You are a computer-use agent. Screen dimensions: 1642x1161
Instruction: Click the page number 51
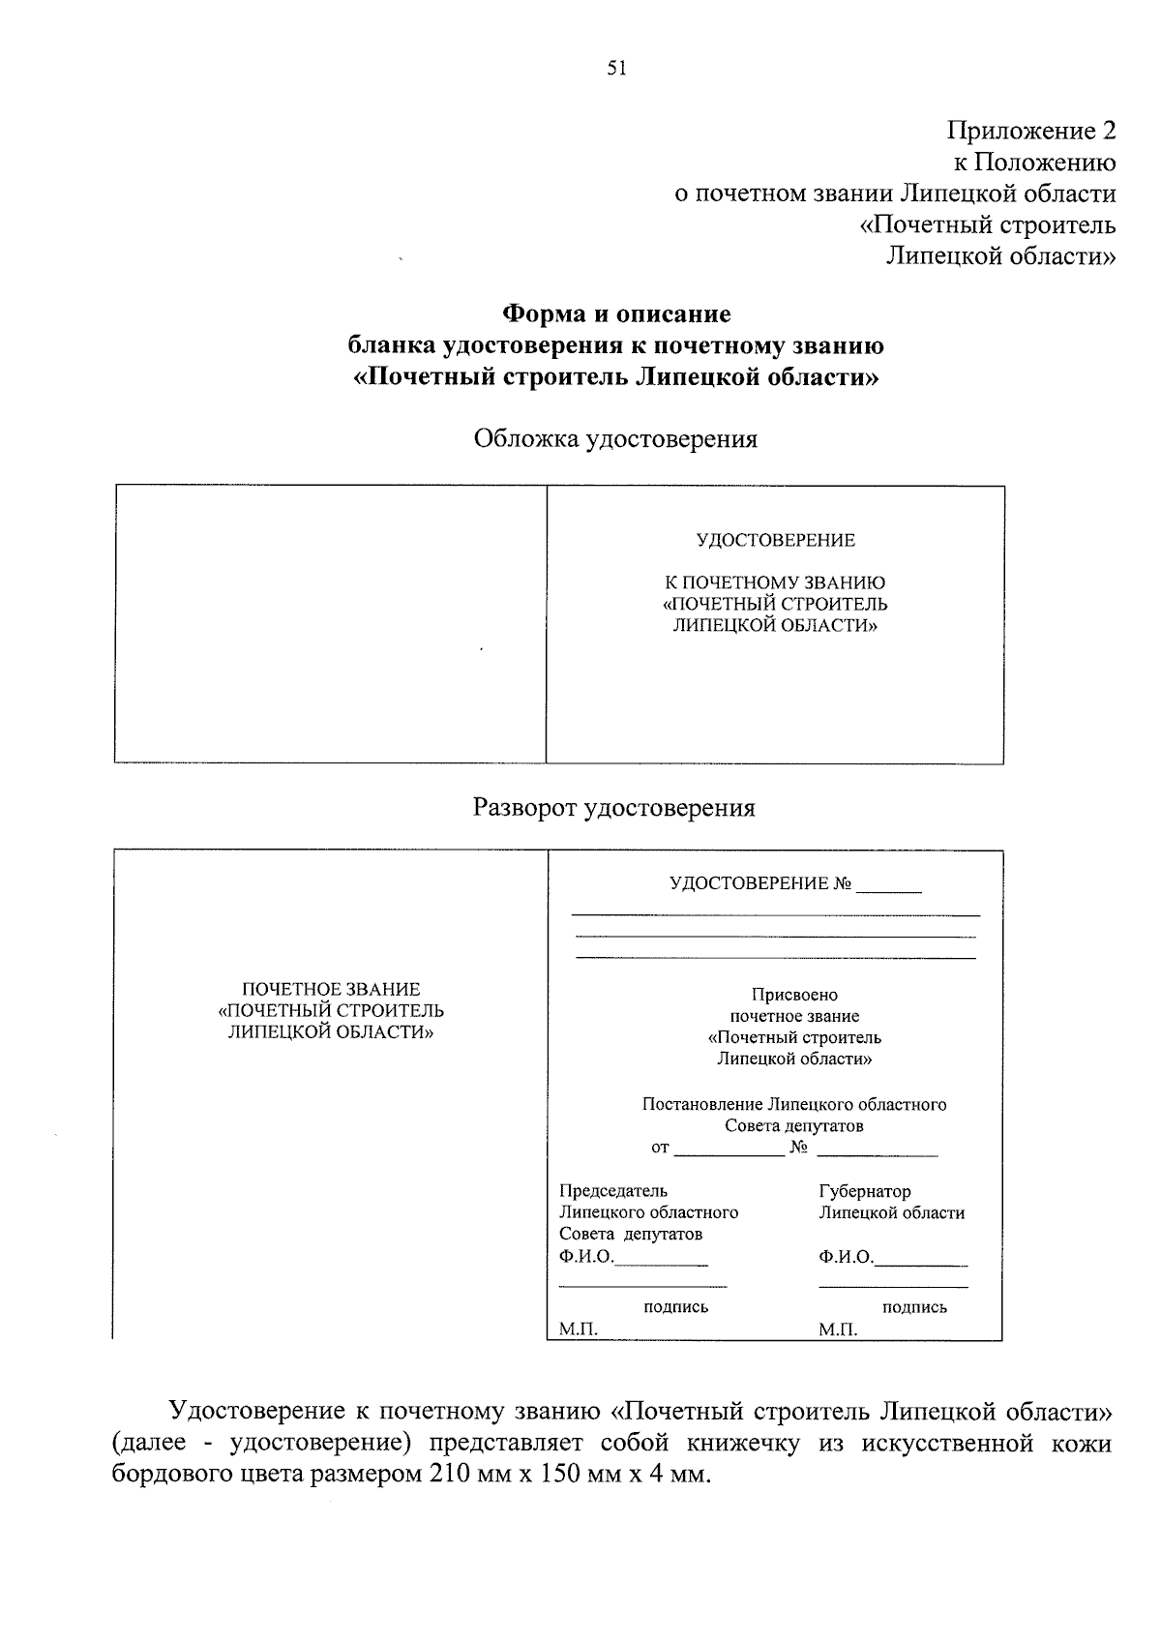(x=617, y=68)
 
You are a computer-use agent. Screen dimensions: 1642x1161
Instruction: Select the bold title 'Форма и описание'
(x=615, y=313)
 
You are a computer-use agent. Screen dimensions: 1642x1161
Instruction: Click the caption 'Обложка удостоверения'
(x=615, y=439)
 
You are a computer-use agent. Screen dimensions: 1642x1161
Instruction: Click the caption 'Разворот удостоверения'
(x=613, y=808)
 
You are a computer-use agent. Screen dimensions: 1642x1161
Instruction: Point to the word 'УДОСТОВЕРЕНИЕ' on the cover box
(x=775, y=540)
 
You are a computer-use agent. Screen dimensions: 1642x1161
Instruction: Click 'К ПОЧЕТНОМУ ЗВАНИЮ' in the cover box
(x=775, y=582)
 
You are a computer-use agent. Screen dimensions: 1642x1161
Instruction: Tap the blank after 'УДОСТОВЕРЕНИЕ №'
(x=889, y=885)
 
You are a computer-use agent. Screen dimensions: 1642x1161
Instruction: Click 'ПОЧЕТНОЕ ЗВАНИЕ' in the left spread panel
(x=331, y=989)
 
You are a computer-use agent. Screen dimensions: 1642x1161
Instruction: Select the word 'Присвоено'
(x=794, y=995)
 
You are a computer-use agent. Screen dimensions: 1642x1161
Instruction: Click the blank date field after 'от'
(x=729, y=1149)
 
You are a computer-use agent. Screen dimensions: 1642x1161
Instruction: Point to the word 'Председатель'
(x=613, y=1191)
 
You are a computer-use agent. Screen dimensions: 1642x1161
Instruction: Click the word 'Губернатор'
(x=864, y=1191)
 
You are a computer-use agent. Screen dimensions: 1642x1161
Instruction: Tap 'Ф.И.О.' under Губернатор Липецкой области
(x=845, y=1257)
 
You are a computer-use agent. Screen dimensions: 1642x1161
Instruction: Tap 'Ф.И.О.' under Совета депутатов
(x=586, y=1257)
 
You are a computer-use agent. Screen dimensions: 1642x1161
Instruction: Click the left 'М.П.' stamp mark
(x=579, y=1329)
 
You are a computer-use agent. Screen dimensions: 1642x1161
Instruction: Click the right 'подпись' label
(x=914, y=1307)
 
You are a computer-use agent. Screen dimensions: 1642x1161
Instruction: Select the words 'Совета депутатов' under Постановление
(x=794, y=1126)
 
